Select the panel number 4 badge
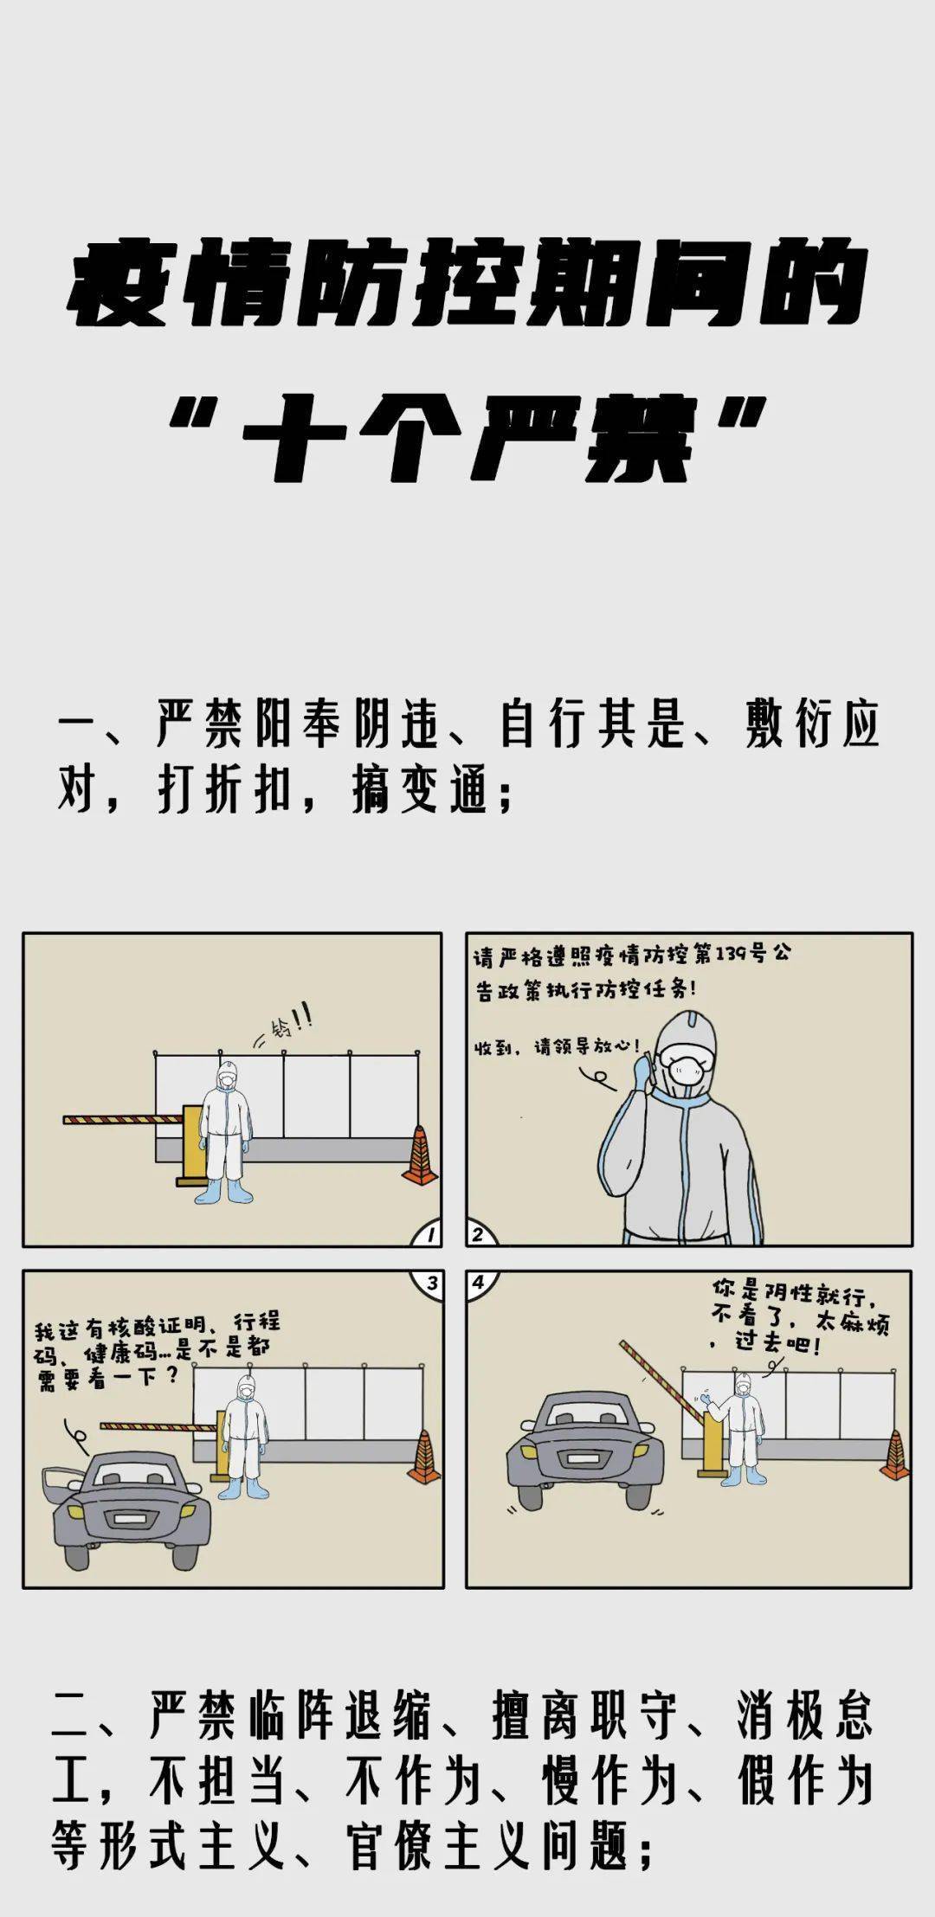478,1282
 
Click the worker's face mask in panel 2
690,1072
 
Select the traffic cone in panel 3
424,1457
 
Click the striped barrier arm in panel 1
121,1116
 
